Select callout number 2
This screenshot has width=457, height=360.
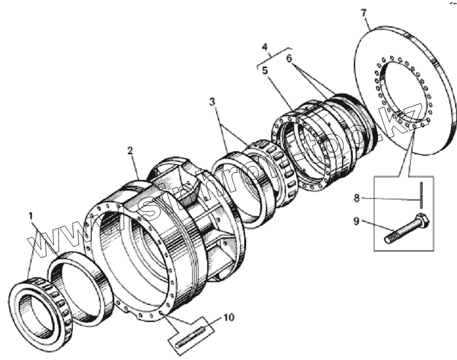[131, 151]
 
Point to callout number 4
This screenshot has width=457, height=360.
[265, 46]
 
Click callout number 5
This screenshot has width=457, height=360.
[265, 69]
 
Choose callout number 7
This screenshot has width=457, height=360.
[364, 11]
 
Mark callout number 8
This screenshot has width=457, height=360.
[357, 198]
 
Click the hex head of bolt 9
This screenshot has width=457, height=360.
[421, 223]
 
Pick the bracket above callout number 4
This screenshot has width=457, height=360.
[272, 54]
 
